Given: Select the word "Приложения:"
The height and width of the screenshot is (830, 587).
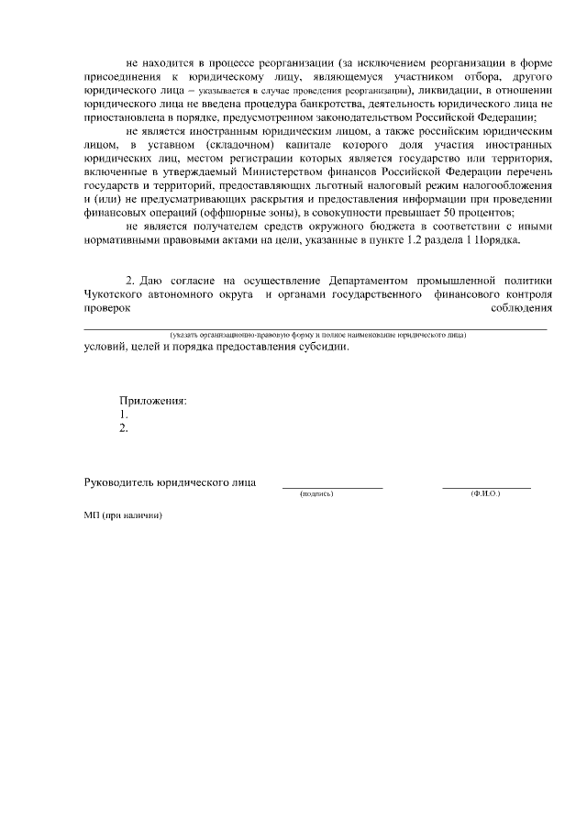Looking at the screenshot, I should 152,400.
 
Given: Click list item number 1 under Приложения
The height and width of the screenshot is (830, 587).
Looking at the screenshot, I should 124,414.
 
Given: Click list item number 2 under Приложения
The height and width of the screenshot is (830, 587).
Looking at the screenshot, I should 124,426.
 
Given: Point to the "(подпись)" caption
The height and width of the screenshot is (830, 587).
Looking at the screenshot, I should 316,493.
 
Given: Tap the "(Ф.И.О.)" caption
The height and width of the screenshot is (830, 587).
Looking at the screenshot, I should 485,493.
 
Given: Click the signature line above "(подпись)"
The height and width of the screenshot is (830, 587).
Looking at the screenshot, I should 332,487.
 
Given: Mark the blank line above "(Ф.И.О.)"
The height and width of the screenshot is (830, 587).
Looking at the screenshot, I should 486,487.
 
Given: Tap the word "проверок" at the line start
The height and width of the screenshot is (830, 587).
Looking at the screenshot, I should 107,308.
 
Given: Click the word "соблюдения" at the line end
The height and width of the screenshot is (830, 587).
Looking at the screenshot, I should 522,308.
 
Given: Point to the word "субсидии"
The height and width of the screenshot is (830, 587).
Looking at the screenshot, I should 327,348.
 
